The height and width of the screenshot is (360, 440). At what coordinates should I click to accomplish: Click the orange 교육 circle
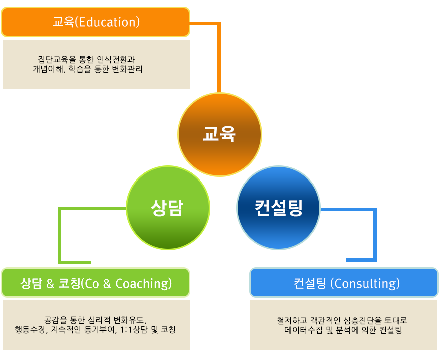[x=219, y=134]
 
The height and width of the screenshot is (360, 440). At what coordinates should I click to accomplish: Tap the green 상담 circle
[x=168, y=208]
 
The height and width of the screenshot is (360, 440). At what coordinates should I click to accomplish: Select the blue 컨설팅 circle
[x=278, y=208]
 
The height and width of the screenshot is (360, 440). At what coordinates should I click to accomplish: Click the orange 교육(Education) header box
[x=96, y=22]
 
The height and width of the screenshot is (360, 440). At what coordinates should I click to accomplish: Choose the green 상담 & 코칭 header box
[x=96, y=283]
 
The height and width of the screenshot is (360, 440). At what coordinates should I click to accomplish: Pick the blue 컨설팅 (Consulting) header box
[x=344, y=283]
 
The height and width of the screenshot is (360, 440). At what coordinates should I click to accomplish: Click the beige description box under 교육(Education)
[x=97, y=64]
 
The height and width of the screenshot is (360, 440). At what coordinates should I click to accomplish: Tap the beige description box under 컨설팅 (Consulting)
[x=344, y=325]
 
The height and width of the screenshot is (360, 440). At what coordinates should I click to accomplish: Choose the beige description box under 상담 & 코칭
[x=97, y=325]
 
